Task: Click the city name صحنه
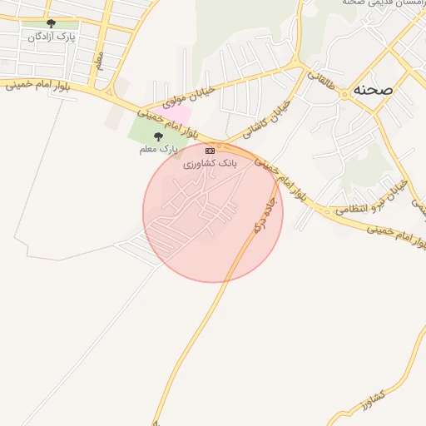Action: pyautogui.click(x=372, y=87)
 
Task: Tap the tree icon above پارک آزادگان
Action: pyautogui.click(x=52, y=24)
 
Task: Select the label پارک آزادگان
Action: pyautogui.click(x=52, y=37)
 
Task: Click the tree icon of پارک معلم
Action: pyautogui.click(x=158, y=136)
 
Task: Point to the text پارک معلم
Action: pyautogui.click(x=158, y=149)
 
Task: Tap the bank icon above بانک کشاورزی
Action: pyautogui.click(x=210, y=151)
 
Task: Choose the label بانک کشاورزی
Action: pyautogui.click(x=210, y=163)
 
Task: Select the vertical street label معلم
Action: pyautogui.click(x=99, y=62)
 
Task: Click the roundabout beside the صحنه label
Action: pyautogui.click(x=344, y=95)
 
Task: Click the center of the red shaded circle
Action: pyautogui.click(x=213, y=212)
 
